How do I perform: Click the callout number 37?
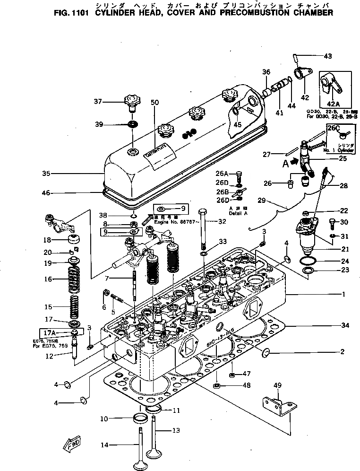[98, 101]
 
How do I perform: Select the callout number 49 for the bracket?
[277, 385]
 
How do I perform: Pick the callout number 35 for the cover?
[45, 174]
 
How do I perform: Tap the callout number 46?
[45, 193]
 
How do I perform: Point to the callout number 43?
[327, 57]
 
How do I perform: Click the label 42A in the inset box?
[334, 104]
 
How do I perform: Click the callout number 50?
[154, 103]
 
